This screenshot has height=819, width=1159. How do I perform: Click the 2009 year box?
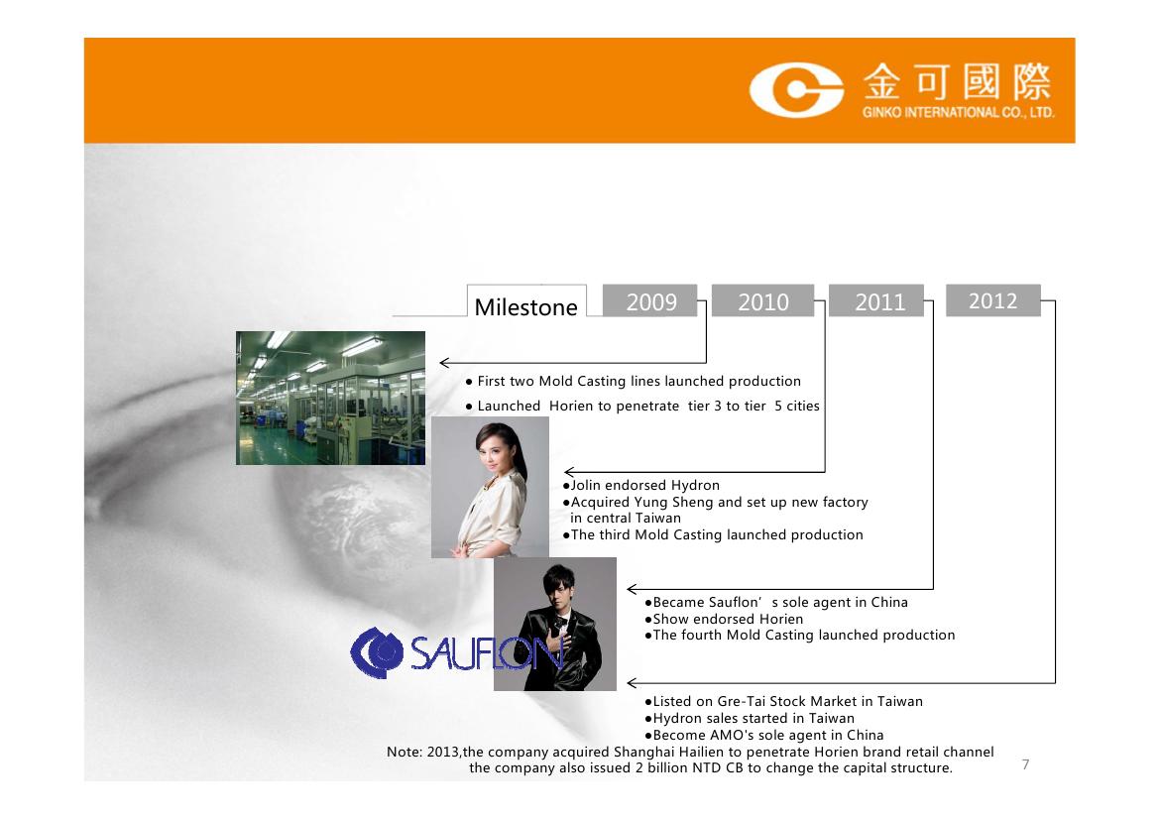pos(649,300)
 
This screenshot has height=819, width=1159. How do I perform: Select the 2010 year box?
pos(762,300)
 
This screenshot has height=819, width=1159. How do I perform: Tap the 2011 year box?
pos(875,300)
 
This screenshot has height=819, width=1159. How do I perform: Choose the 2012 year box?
pos(992,300)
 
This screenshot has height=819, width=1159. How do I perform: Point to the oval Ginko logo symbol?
pos(796,90)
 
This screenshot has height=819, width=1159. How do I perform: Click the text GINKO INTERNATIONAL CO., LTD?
pos(958,113)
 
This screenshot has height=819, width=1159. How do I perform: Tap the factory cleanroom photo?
pos(330,398)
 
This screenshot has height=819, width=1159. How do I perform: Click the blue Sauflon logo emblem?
pos(376,652)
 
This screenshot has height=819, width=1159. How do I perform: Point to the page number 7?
pos(1025,764)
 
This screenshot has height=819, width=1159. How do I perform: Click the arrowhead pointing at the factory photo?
pos(444,362)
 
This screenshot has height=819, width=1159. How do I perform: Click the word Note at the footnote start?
pos(404,752)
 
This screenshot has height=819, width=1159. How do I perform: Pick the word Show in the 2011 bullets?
pos(670,620)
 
